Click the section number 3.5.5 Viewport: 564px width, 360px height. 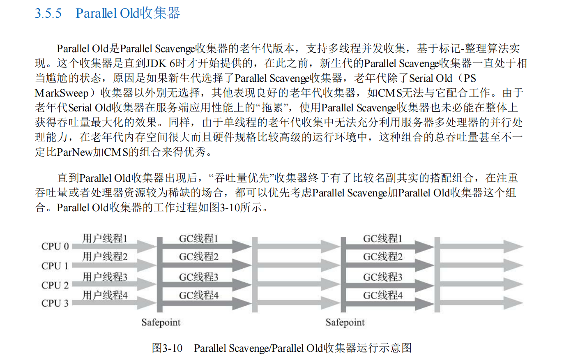(x=48, y=13)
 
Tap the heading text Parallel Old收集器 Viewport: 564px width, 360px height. (x=128, y=13)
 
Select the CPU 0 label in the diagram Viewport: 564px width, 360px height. (x=55, y=247)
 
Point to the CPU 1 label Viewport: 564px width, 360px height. (x=55, y=266)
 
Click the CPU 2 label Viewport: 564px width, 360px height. (x=55, y=285)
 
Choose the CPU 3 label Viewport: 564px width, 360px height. (x=55, y=303)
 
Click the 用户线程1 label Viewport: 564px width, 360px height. (x=105, y=238)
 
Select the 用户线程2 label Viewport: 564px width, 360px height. (x=105, y=257)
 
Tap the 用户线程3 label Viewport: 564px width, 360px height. (x=105, y=277)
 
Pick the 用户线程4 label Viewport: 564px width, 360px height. (x=105, y=295)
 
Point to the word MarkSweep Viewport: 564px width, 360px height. (x=62, y=93)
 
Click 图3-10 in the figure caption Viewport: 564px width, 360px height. (x=167, y=348)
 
